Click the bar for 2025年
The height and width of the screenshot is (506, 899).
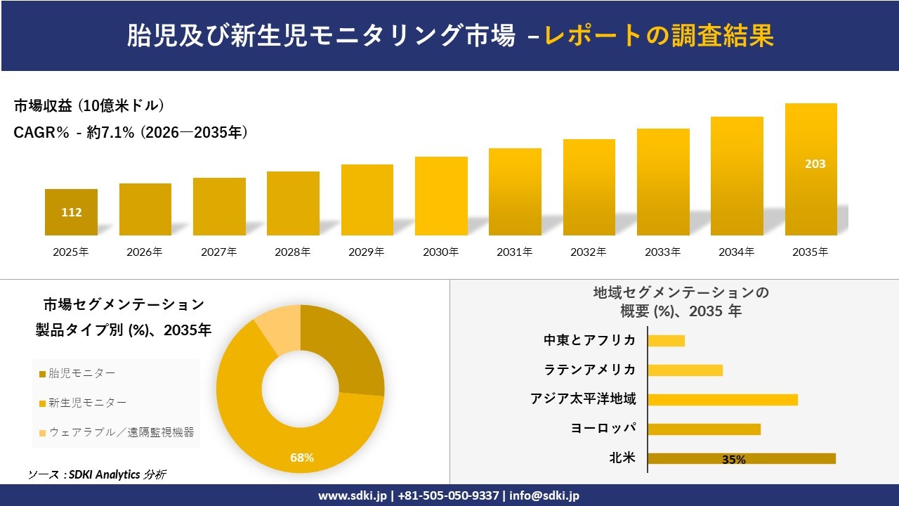tap(71, 212)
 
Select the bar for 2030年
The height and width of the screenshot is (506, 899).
tap(441, 196)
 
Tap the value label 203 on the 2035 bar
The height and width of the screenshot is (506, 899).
tap(815, 164)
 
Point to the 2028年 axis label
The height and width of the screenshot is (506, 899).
tap(293, 252)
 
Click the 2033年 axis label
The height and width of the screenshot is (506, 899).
tap(663, 252)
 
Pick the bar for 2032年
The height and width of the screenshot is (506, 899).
tap(589, 187)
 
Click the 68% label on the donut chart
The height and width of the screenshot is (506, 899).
tap(302, 458)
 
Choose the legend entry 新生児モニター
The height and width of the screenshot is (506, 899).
tap(88, 403)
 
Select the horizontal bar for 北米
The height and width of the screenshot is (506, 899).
tap(741, 458)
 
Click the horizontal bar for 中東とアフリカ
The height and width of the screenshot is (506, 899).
tap(666, 341)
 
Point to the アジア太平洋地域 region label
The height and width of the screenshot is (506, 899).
tap(583, 399)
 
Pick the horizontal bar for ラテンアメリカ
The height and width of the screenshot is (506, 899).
tap(685, 370)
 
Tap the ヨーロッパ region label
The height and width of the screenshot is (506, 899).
tap(603, 429)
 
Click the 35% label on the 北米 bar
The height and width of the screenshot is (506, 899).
tap(733, 460)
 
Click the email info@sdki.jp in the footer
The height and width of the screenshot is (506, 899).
tap(544, 495)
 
